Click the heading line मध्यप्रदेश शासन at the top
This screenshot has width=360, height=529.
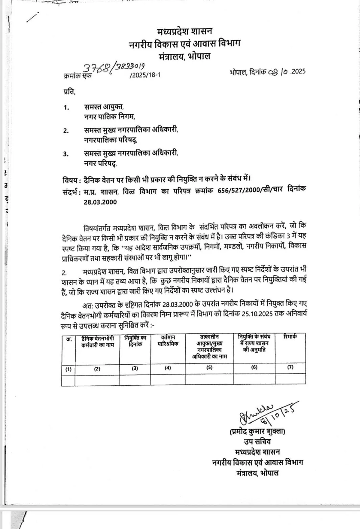click(x=185, y=31)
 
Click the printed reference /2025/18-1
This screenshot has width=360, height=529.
click(x=145, y=75)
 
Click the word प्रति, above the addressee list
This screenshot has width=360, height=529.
click(x=69, y=92)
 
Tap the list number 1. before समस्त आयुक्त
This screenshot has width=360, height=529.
click(x=66, y=108)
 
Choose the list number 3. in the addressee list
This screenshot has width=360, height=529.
click(x=66, y=154)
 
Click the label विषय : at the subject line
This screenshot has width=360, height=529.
click(x=72, y=179)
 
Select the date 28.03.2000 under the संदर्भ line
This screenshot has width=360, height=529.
click(x=100, y=202)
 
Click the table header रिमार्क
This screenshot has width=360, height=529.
click(x=290, y=337)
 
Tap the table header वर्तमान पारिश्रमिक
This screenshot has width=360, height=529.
click(x=168, y=340)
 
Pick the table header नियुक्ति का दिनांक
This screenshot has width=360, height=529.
click(x=135, y=341)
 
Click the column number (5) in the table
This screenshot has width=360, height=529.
click(x=209, y=367)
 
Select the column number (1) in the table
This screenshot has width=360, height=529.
click(x=68, y=369)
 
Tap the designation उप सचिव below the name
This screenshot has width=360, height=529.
click(x=257, y=441)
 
